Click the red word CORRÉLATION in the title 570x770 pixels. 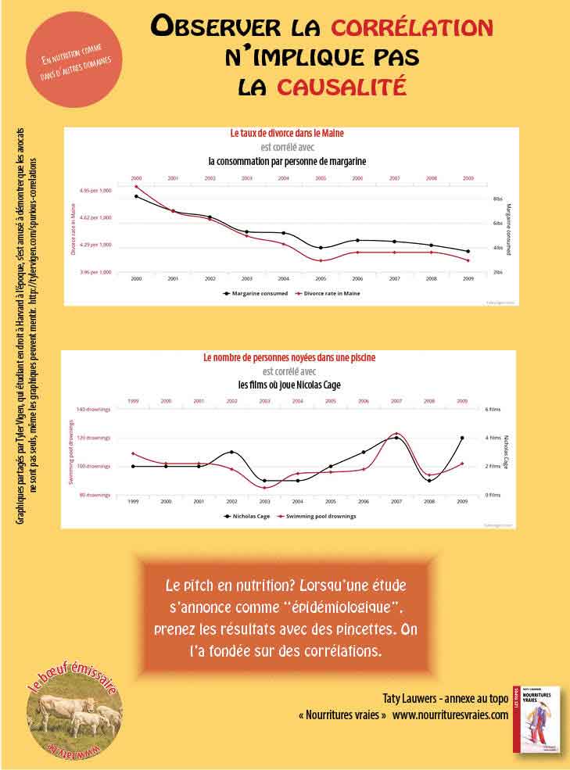tap(412, 28)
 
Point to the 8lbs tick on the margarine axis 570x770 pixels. tap(497, 199)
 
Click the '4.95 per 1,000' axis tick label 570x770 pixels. tap(95, 190)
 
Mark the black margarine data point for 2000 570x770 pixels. tap(136, 196)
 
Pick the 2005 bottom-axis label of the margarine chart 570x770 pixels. tap(321, 278)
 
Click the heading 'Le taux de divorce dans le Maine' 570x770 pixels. tap(287, 133)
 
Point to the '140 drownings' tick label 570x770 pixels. tap(94, 409)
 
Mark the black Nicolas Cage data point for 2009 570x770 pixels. tap(462, 438)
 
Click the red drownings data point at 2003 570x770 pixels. tap(265, 488)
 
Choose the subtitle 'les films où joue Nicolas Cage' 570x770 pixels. tap(289, 385)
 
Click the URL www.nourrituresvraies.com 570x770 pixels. tap(450, 714)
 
